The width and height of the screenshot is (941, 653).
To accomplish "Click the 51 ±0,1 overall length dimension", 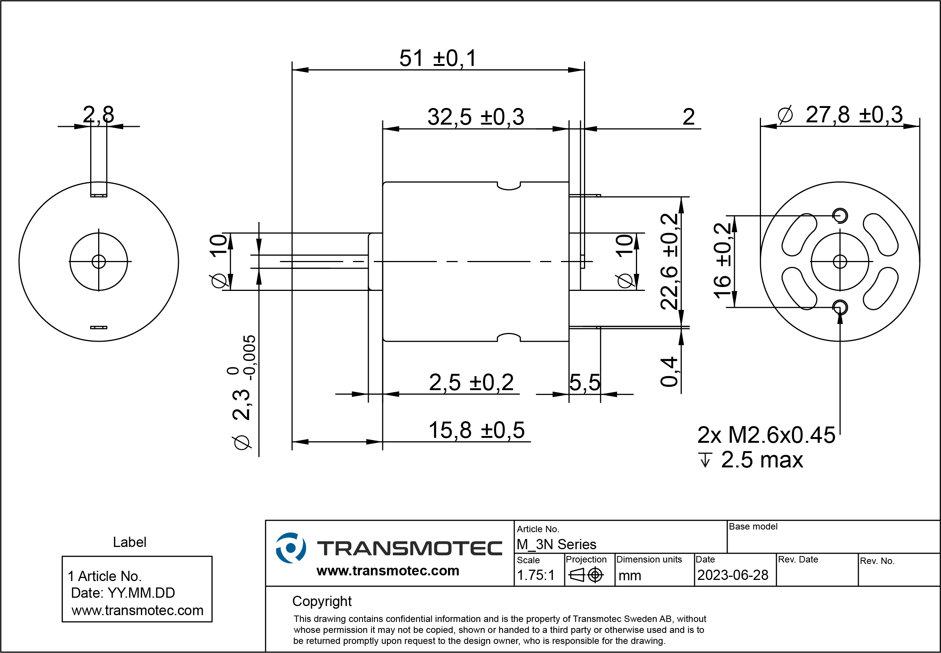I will pos(438,58).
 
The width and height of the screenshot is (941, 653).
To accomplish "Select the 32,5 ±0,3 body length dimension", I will pos(475,117).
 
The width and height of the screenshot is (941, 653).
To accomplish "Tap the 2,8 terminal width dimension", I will pos(98,114).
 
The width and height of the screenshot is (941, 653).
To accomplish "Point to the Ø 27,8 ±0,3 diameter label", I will pos(840,115).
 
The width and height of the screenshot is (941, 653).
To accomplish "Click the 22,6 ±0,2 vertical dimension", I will pos(670,261).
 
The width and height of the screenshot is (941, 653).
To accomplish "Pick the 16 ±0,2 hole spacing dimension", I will pos(722,261).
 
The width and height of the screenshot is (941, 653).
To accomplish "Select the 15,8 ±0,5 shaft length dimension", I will pos(476,430).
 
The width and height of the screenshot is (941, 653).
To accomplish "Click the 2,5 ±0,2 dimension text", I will pos(471,383).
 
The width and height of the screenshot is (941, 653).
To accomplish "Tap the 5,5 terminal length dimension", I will pos(584,383).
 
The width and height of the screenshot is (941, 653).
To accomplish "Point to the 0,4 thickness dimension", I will pos(670,372).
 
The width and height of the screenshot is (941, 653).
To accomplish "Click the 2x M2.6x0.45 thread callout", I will pos(766,435).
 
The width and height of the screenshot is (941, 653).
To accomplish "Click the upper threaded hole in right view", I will pos(840,216).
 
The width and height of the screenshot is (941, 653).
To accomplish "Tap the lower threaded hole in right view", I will pos(840,307).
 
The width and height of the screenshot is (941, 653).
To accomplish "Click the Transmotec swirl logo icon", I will pos(291,548).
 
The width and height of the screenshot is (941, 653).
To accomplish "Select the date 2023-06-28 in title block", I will pos(732,575).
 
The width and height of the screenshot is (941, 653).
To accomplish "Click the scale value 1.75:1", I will pos(535,575).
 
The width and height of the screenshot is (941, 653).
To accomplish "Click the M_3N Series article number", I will pos(556,545).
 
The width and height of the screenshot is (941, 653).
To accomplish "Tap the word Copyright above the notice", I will pos(322,601).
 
